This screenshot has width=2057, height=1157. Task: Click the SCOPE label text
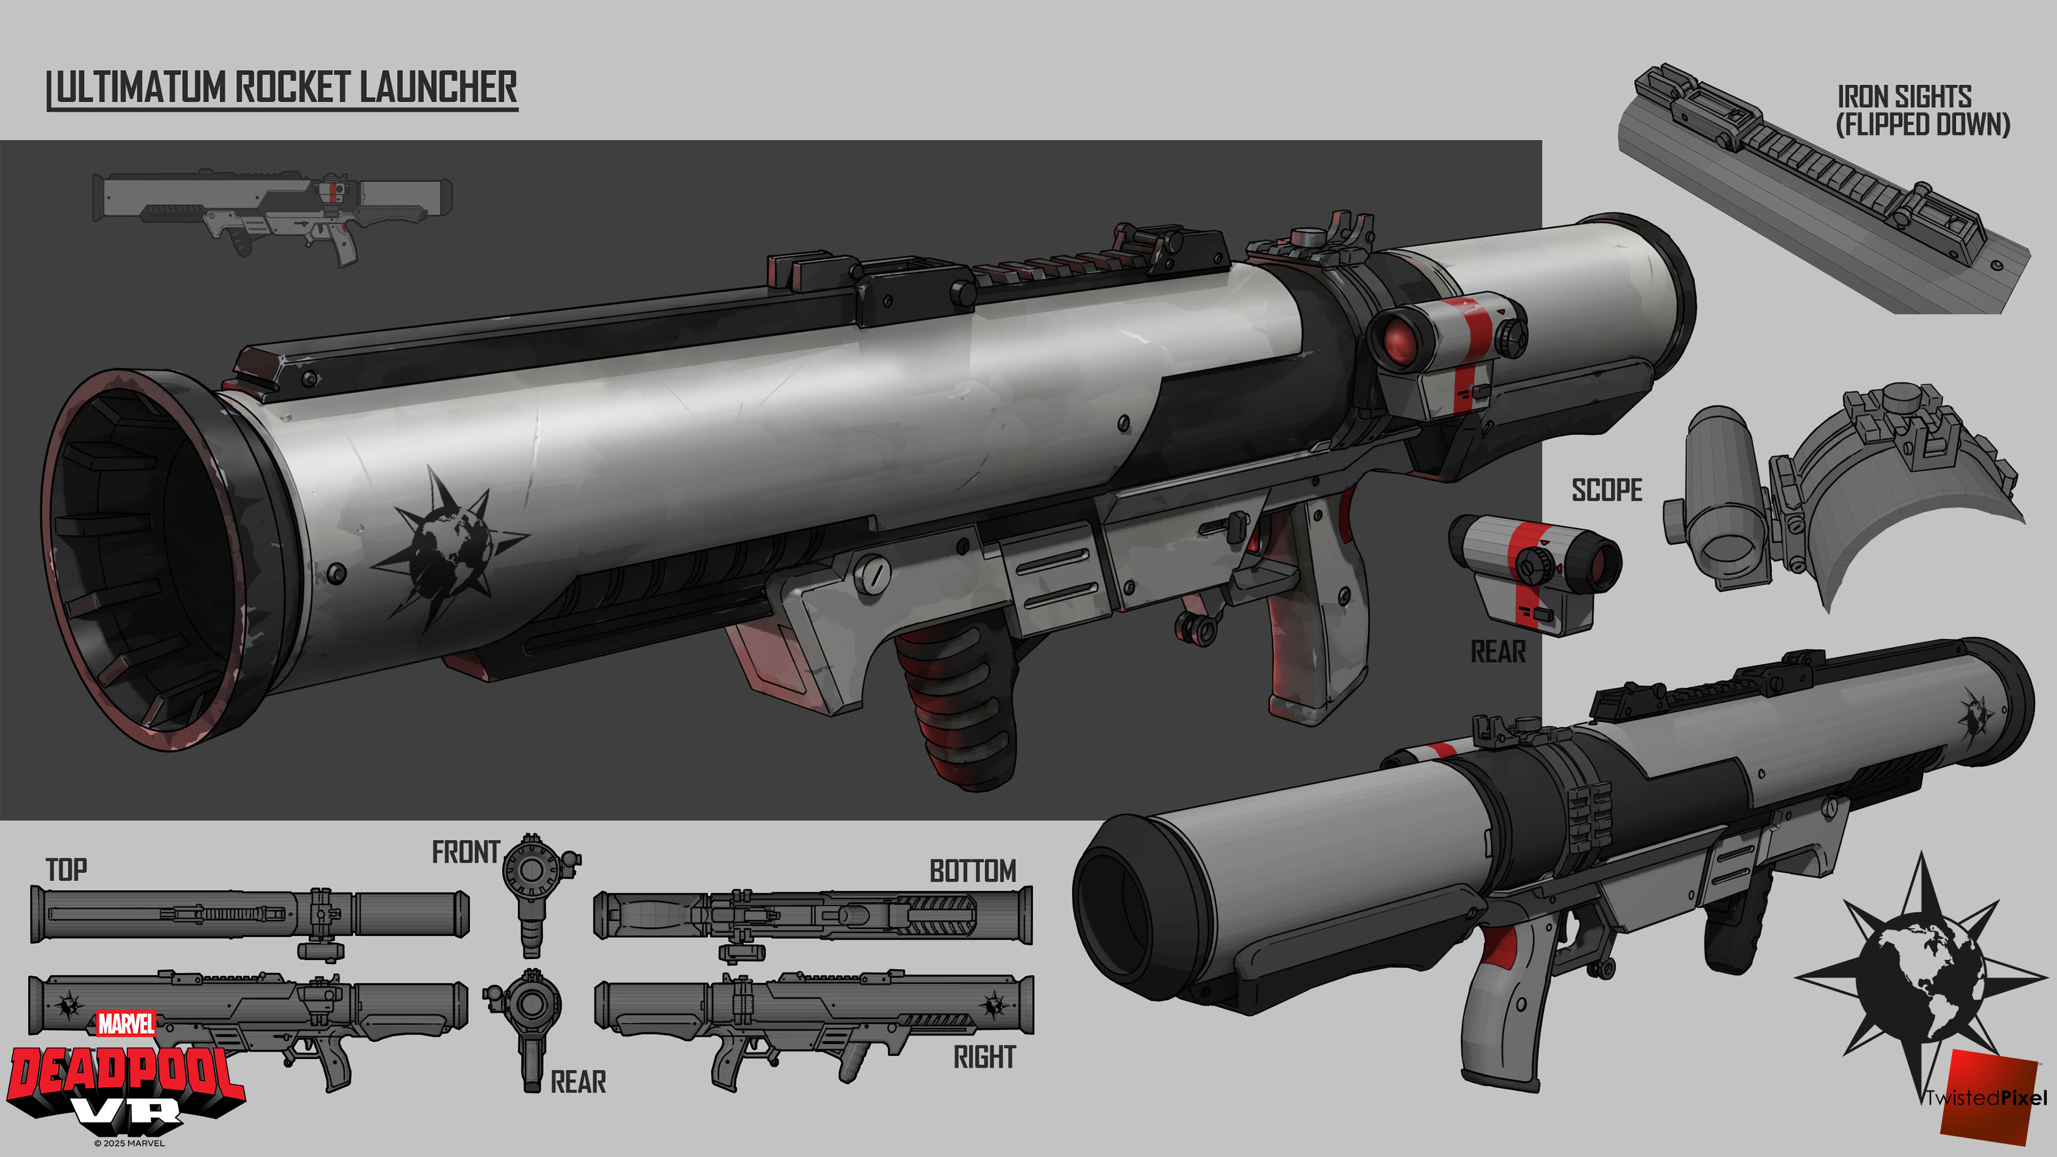pos(1606,490)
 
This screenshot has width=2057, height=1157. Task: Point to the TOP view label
pos(66,869)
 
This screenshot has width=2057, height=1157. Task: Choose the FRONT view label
pos(466,852)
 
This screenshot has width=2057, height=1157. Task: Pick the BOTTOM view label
pos(973,870)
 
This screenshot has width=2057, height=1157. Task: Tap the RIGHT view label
pos(985,1057)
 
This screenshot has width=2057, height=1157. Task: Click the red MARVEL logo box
pos(126,1024)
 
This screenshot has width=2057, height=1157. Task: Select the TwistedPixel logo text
pos(1986,1098)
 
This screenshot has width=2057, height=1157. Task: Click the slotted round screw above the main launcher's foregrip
pos(872,574)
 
